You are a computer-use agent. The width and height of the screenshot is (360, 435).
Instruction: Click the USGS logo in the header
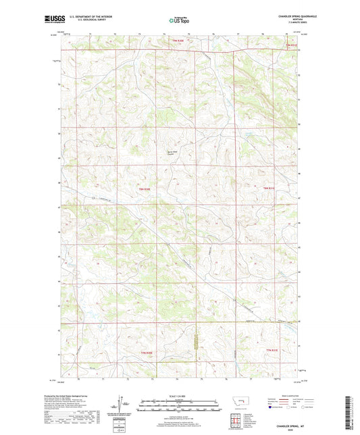pyautogui.click(x=55, y=21)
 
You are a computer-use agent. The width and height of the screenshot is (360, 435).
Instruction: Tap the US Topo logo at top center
pyautogui.click(x=175, y=22)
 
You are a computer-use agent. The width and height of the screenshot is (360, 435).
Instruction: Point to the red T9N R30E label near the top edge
pyautogui.click(x=177, y=41)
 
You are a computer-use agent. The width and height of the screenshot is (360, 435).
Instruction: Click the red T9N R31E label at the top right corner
pyautogui.click(x=290, y=45)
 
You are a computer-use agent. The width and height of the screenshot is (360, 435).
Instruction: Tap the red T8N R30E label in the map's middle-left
pyautogui.click(x=145, y=189)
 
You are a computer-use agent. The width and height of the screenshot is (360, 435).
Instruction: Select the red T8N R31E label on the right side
pyautogui.click(x=269, y=188)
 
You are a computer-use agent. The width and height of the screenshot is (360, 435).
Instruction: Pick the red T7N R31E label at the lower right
pyautogui.click(x=272, y=349)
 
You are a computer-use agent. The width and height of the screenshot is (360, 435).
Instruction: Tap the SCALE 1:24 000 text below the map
pyautogui.click(x=179, y=395)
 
